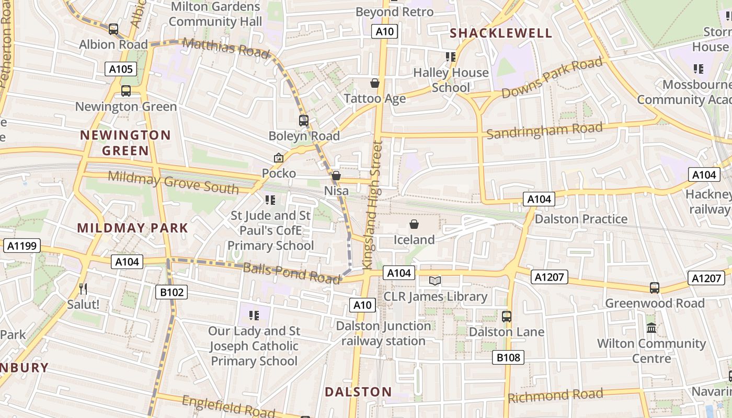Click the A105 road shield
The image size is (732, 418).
tap(121, 69)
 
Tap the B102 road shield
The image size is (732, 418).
tap(171, 292)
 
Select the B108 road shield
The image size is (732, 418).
tap(508, 357)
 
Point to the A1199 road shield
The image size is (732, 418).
tap(22, 246)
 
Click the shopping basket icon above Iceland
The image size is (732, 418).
tap(414, 225)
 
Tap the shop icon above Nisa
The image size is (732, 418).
tap(336, 176)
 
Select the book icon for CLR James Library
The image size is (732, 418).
tap(435, 281)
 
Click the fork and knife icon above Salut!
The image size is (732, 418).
tap(83, 288)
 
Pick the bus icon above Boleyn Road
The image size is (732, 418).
tap(304, 121)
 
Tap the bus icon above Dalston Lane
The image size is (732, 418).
tap(506, 316)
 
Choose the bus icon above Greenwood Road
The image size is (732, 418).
tap(654, 287)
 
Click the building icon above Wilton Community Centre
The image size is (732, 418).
tap(651, 328)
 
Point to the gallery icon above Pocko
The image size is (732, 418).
tap(279, 158)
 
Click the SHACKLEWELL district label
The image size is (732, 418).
tap(501, 33)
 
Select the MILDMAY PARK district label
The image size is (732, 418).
tap(132, 228)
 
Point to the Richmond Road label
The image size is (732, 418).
tap(555, 396)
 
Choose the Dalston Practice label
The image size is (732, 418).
tap(581, 219)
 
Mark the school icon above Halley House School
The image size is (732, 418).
tap(450, 56)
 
